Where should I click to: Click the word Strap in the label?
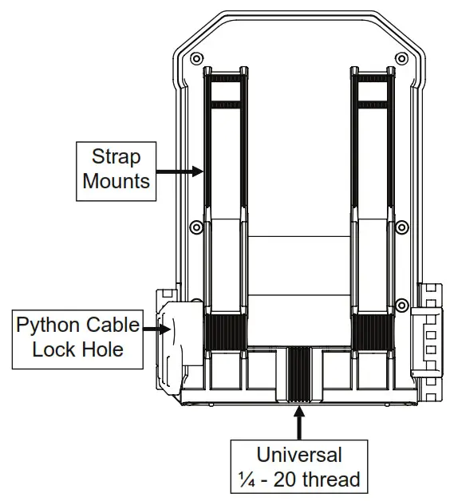[116, 157]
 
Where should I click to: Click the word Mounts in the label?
[116, 181]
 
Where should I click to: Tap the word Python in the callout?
[48, 326]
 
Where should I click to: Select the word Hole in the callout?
[102, 349]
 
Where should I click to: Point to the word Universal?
[299, 455]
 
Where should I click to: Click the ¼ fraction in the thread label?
[247, 479]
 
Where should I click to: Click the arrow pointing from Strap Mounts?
[180, 172]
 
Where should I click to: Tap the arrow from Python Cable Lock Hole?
[156, 329]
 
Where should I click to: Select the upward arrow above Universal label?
[299, 422]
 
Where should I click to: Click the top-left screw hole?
[196, 59]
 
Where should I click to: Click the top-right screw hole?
[401, 59]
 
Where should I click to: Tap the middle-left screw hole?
[196, 227]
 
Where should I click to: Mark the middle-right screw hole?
[402, 227]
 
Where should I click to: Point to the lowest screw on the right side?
[402, 305]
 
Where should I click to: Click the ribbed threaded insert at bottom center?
[299, 374]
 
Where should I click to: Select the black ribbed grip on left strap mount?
[226, 333]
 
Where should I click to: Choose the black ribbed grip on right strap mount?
[373, 333]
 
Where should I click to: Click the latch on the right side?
[427, 342]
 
